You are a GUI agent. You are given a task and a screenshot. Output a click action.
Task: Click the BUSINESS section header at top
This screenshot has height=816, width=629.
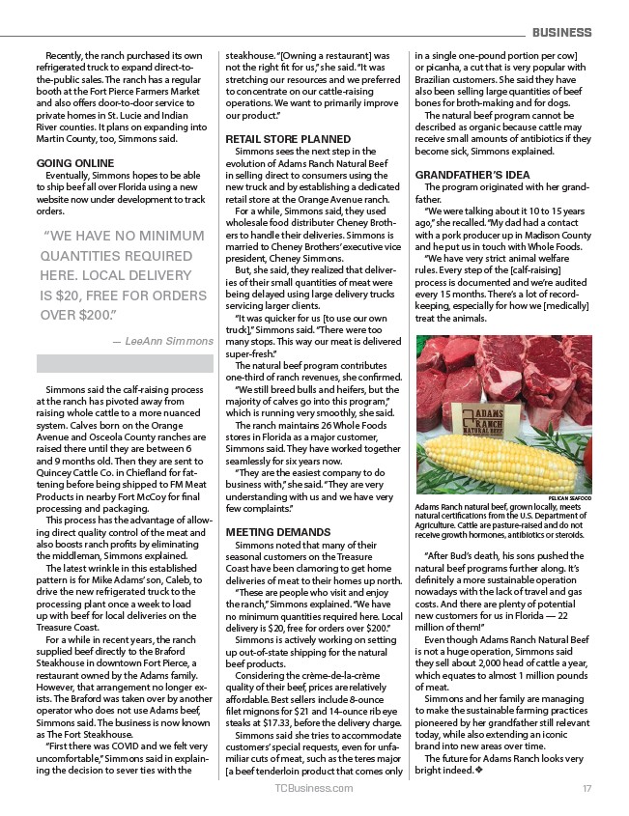[x=561, y=33]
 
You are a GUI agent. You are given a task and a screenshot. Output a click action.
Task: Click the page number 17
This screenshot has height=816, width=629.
[x=586, y=788]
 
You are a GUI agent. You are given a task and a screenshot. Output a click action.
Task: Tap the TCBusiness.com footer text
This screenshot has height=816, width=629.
[x=314, y=788]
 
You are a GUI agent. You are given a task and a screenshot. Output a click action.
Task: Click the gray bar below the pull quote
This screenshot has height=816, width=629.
[x=125, y=363]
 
